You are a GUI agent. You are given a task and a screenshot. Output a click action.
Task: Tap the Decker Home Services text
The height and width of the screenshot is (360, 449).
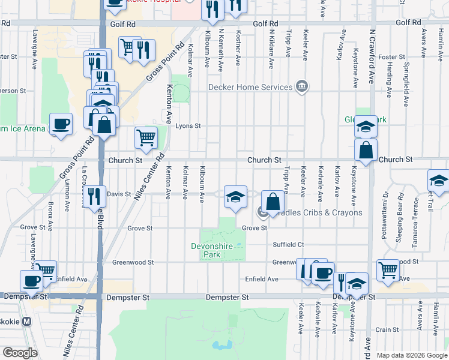[250, 87]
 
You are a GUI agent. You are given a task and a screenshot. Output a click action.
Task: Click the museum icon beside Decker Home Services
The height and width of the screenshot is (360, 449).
[301, 87]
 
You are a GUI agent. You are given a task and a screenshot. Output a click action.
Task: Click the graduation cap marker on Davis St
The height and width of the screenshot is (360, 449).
[236, 196]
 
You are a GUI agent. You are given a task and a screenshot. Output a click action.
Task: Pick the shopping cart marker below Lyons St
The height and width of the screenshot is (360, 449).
[146, 139]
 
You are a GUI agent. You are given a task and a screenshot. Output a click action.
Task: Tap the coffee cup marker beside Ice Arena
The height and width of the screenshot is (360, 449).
[61, 124]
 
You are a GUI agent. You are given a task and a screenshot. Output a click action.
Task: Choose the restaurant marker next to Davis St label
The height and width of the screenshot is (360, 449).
[94, 196]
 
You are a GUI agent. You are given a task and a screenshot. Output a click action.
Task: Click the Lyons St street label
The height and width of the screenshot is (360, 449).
[187, 126]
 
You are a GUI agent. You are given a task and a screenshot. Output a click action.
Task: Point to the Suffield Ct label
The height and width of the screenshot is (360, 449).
[289, 245]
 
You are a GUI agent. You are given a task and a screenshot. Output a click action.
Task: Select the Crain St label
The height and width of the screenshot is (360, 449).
[387, 329]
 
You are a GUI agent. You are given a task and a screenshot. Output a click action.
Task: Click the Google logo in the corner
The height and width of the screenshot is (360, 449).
[20, 353]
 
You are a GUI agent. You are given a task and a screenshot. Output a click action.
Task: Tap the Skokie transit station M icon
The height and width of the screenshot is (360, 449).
[26, 321]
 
